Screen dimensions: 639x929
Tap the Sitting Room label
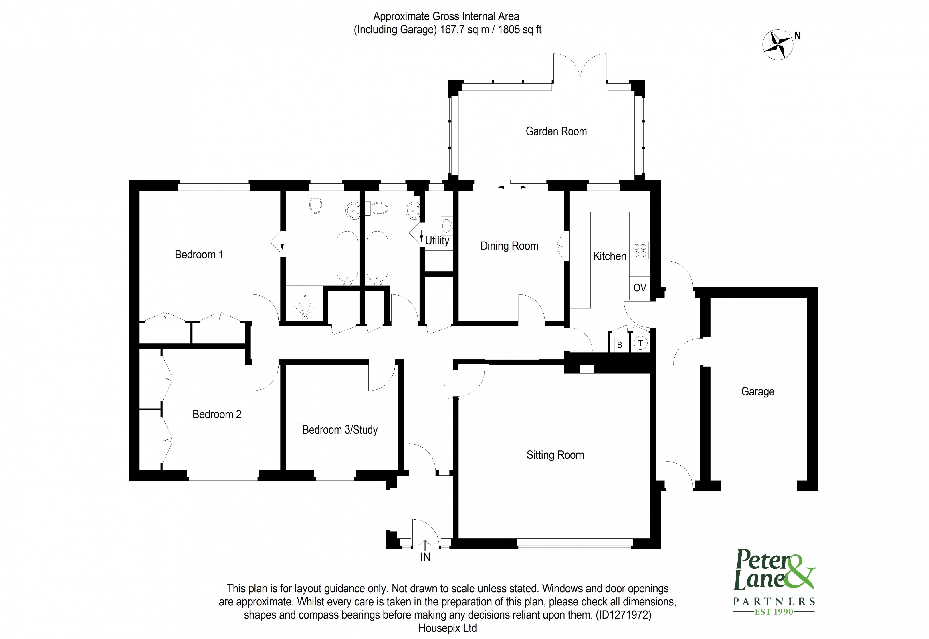pos(555,455)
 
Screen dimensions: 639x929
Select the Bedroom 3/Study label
pos(340,430)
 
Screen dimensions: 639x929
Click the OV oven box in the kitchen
pos(640,287)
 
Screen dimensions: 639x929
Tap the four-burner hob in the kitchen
pos(640,250)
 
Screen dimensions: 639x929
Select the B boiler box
pos(620,344)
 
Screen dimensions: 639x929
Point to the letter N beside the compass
pos(797,36)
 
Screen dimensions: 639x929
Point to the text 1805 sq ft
pos(519,30)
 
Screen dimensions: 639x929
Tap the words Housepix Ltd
pos(447,628)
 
